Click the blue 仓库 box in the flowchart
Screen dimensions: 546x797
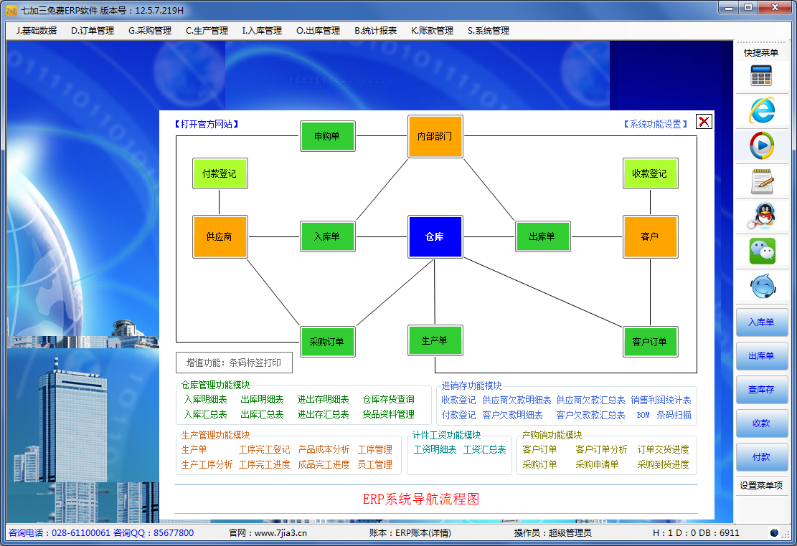point(435,236)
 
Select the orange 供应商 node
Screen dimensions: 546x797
point(220,236)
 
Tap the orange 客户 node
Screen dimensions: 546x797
point(650,236)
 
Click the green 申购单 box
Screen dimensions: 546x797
point(327,135)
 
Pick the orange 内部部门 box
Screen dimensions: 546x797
point(435,136)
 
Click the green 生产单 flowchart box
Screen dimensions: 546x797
point(435,340)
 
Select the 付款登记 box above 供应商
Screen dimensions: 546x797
point(220,173)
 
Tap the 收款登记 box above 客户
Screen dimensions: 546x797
point(650,173)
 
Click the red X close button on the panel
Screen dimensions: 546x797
point(704,122)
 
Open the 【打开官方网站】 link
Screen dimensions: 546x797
point(207,124)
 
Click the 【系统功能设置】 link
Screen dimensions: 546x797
point(656,124)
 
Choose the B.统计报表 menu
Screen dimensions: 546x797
point(375,31)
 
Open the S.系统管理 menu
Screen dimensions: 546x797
point(489,31)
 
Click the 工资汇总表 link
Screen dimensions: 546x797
point(484,450)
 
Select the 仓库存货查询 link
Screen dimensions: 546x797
point(388,400)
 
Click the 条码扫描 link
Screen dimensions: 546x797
point(674,415)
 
